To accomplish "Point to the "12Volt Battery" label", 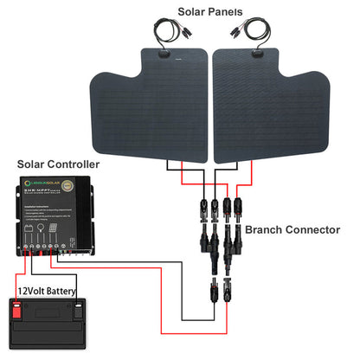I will coord(49,291).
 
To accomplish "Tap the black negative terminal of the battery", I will coord(77,305).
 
